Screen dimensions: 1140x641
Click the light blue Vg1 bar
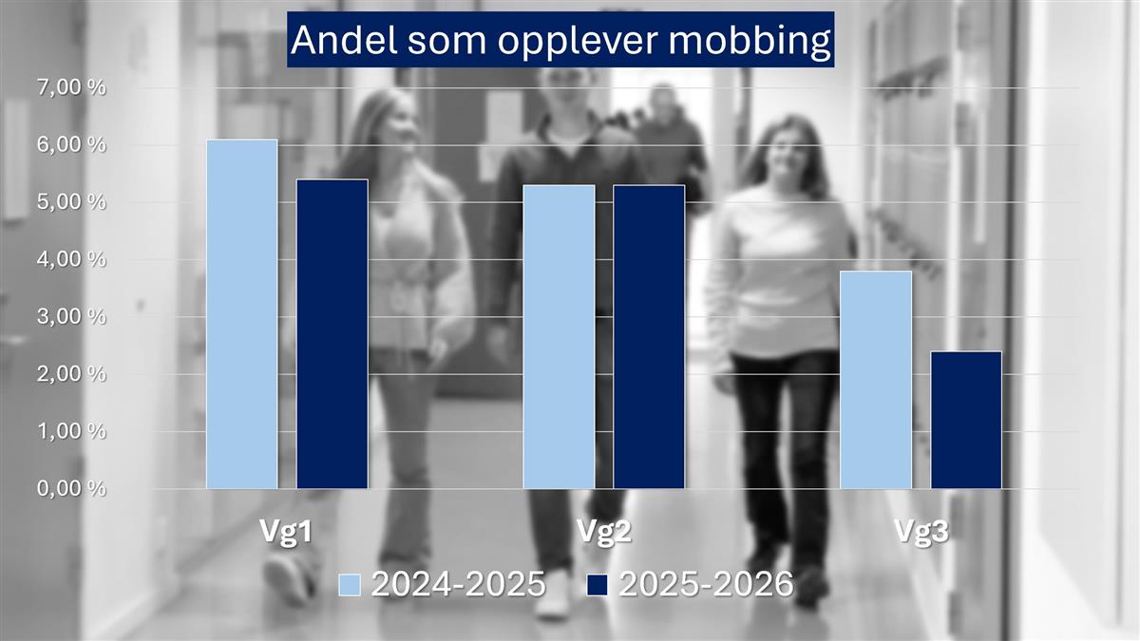(x=242, y=314)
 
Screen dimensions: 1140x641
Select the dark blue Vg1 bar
(x=332, y=333)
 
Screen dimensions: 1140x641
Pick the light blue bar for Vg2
(x=560, y=337)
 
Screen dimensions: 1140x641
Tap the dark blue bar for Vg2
(x=650, y=337)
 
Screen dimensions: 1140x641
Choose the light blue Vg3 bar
(x=876, y=380)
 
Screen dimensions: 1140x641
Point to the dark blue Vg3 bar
(x=966, y=420)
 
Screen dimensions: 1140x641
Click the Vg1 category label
(x=286, y=532)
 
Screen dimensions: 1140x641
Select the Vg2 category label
(x=604, y=532)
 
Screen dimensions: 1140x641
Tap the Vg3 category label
(x=921, y=532)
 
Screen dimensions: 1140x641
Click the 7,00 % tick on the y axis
(x=71, y=87)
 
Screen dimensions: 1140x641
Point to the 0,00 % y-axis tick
(x=71, y=488)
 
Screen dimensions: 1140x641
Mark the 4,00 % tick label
(x=71, y=259)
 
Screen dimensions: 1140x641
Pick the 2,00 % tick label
(x=71, y=374)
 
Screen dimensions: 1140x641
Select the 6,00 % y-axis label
(x=71, y=145)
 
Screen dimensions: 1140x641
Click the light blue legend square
(x=350, y=585)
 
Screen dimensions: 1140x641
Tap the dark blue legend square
(x=597, y=585)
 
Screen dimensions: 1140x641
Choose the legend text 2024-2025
(x=459, y=584)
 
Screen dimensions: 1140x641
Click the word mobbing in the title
(x=750, y=41)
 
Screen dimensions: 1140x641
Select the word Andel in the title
(x=344, y=39)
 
